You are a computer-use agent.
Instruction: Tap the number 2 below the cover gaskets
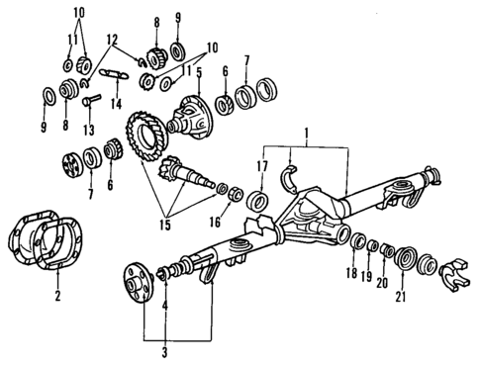click(57, 296)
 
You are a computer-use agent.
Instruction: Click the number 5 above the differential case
click(199, 72)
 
